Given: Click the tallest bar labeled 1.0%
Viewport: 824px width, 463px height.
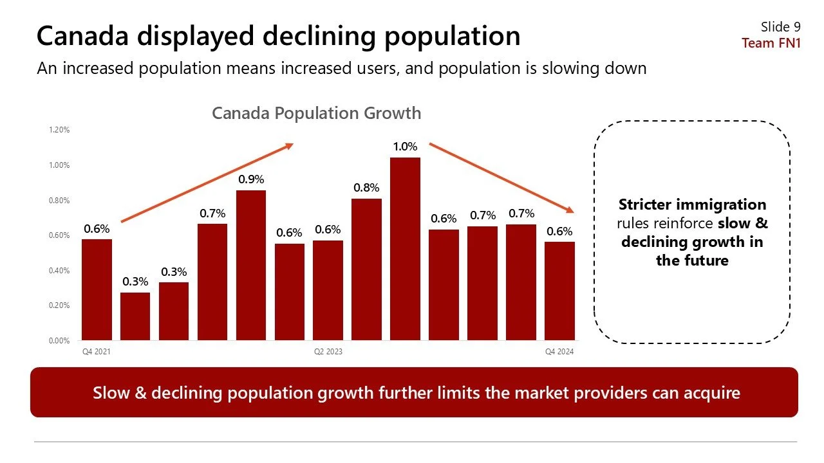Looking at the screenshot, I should click(x=405, y=249).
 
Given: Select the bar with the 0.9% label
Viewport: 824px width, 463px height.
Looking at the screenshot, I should click(x=251, y=265).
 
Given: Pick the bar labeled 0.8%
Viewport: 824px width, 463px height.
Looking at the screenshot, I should click(x=366, y=269).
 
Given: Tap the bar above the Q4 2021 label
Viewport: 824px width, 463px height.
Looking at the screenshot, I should click(x=97, y=289).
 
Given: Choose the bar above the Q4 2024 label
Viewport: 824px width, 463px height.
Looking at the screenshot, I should click(x=559, y=291).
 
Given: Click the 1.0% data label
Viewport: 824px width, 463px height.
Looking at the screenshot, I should click(x=405, y=147).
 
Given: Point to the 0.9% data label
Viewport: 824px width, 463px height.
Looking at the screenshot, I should click(x=251, y=179).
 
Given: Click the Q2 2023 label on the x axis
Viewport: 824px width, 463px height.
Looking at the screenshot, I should click(x=328, y=352).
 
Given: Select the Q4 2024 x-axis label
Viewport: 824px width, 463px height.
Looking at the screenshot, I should click(x=559, y=352).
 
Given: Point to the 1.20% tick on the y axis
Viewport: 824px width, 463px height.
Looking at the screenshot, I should click(x=59, y=130).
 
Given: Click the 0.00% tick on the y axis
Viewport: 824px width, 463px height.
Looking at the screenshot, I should click(x=59, y=341).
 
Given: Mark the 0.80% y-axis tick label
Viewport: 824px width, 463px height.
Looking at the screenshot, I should click(x=59, y=201).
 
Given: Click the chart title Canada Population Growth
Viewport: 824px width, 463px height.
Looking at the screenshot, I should click(x=316, y=113).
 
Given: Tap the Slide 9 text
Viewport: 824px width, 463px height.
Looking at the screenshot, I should click(x=780, y=26).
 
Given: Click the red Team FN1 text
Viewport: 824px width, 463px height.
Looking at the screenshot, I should click(x=771, y=43).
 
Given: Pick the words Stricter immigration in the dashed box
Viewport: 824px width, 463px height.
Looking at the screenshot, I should click(x=692, y=205).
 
